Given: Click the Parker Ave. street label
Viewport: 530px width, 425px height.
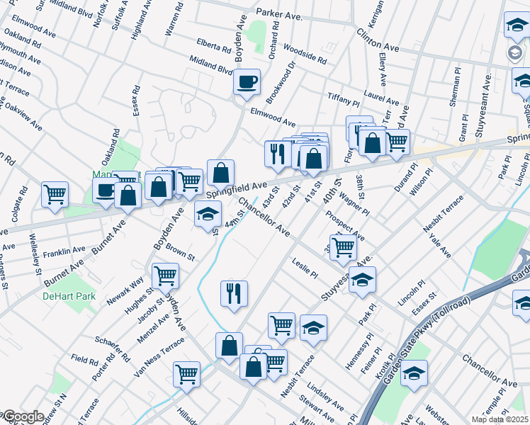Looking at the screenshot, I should click(278, 13).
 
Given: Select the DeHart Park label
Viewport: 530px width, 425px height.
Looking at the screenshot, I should click(68, 295).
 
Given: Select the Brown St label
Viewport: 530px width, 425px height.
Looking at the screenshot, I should click(181, 254).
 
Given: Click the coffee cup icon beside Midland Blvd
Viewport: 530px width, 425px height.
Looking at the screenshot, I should click(247, 82).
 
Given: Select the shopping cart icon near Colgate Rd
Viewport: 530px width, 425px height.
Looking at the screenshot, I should click(55, 193).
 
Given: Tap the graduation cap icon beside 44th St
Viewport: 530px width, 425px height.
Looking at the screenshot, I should click(208, 214).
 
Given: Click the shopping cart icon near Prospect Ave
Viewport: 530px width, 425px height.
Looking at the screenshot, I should click(343, 247).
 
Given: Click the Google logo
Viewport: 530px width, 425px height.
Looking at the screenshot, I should click(23, 416).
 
